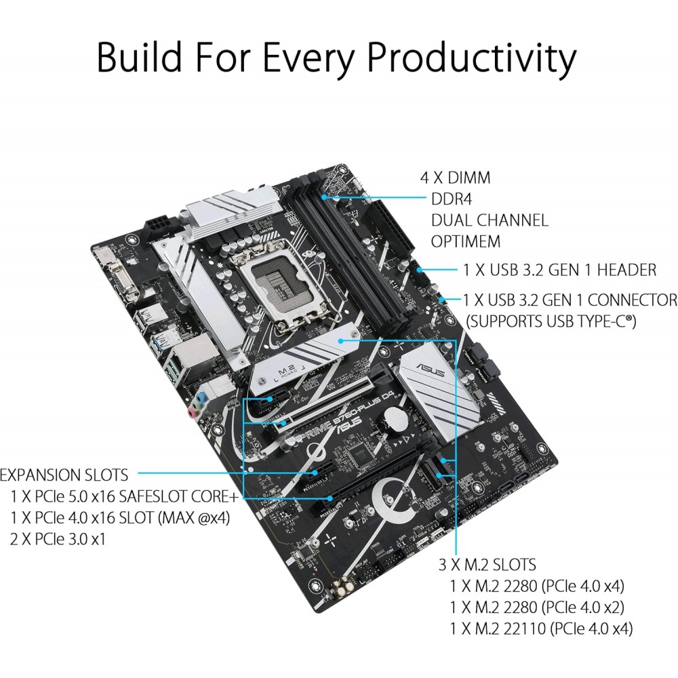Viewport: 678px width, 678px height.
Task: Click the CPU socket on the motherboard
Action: [x=281, y=284]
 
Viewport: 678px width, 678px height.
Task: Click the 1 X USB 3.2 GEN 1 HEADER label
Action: [x=560, y=270]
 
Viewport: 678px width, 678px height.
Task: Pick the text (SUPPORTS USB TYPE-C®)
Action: [x=552, y=321]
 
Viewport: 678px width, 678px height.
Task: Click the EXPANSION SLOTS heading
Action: [x=67, y=475]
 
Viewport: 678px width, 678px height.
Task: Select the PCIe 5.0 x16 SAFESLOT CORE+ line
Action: [x=125, y=496]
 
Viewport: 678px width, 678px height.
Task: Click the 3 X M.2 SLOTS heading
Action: [x=486, y=564]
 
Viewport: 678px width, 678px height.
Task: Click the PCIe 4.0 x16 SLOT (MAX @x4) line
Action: [x=121, y=517]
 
